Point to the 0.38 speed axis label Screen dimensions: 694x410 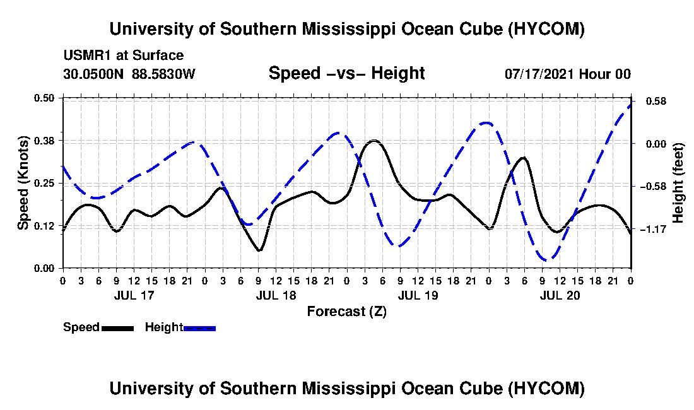pos(44,141)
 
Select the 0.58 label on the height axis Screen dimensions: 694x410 pos(656,102)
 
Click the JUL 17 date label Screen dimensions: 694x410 pos(134,295)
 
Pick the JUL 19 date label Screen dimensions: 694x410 pos(418,295)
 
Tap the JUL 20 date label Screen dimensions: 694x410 pos(560,295)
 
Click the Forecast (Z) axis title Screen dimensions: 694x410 pos(347,312)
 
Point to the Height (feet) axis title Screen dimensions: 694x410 pos(678,183)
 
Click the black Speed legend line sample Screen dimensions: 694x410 pos(118,328)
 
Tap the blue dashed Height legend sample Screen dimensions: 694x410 pos(199,328)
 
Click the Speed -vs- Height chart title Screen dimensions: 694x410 pos(347,73)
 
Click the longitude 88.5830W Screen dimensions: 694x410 pos(163,74)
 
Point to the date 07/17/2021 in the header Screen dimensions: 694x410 pos(540,74)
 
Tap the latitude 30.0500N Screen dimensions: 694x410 pos(93,74)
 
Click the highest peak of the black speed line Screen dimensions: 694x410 pos(374,141)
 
